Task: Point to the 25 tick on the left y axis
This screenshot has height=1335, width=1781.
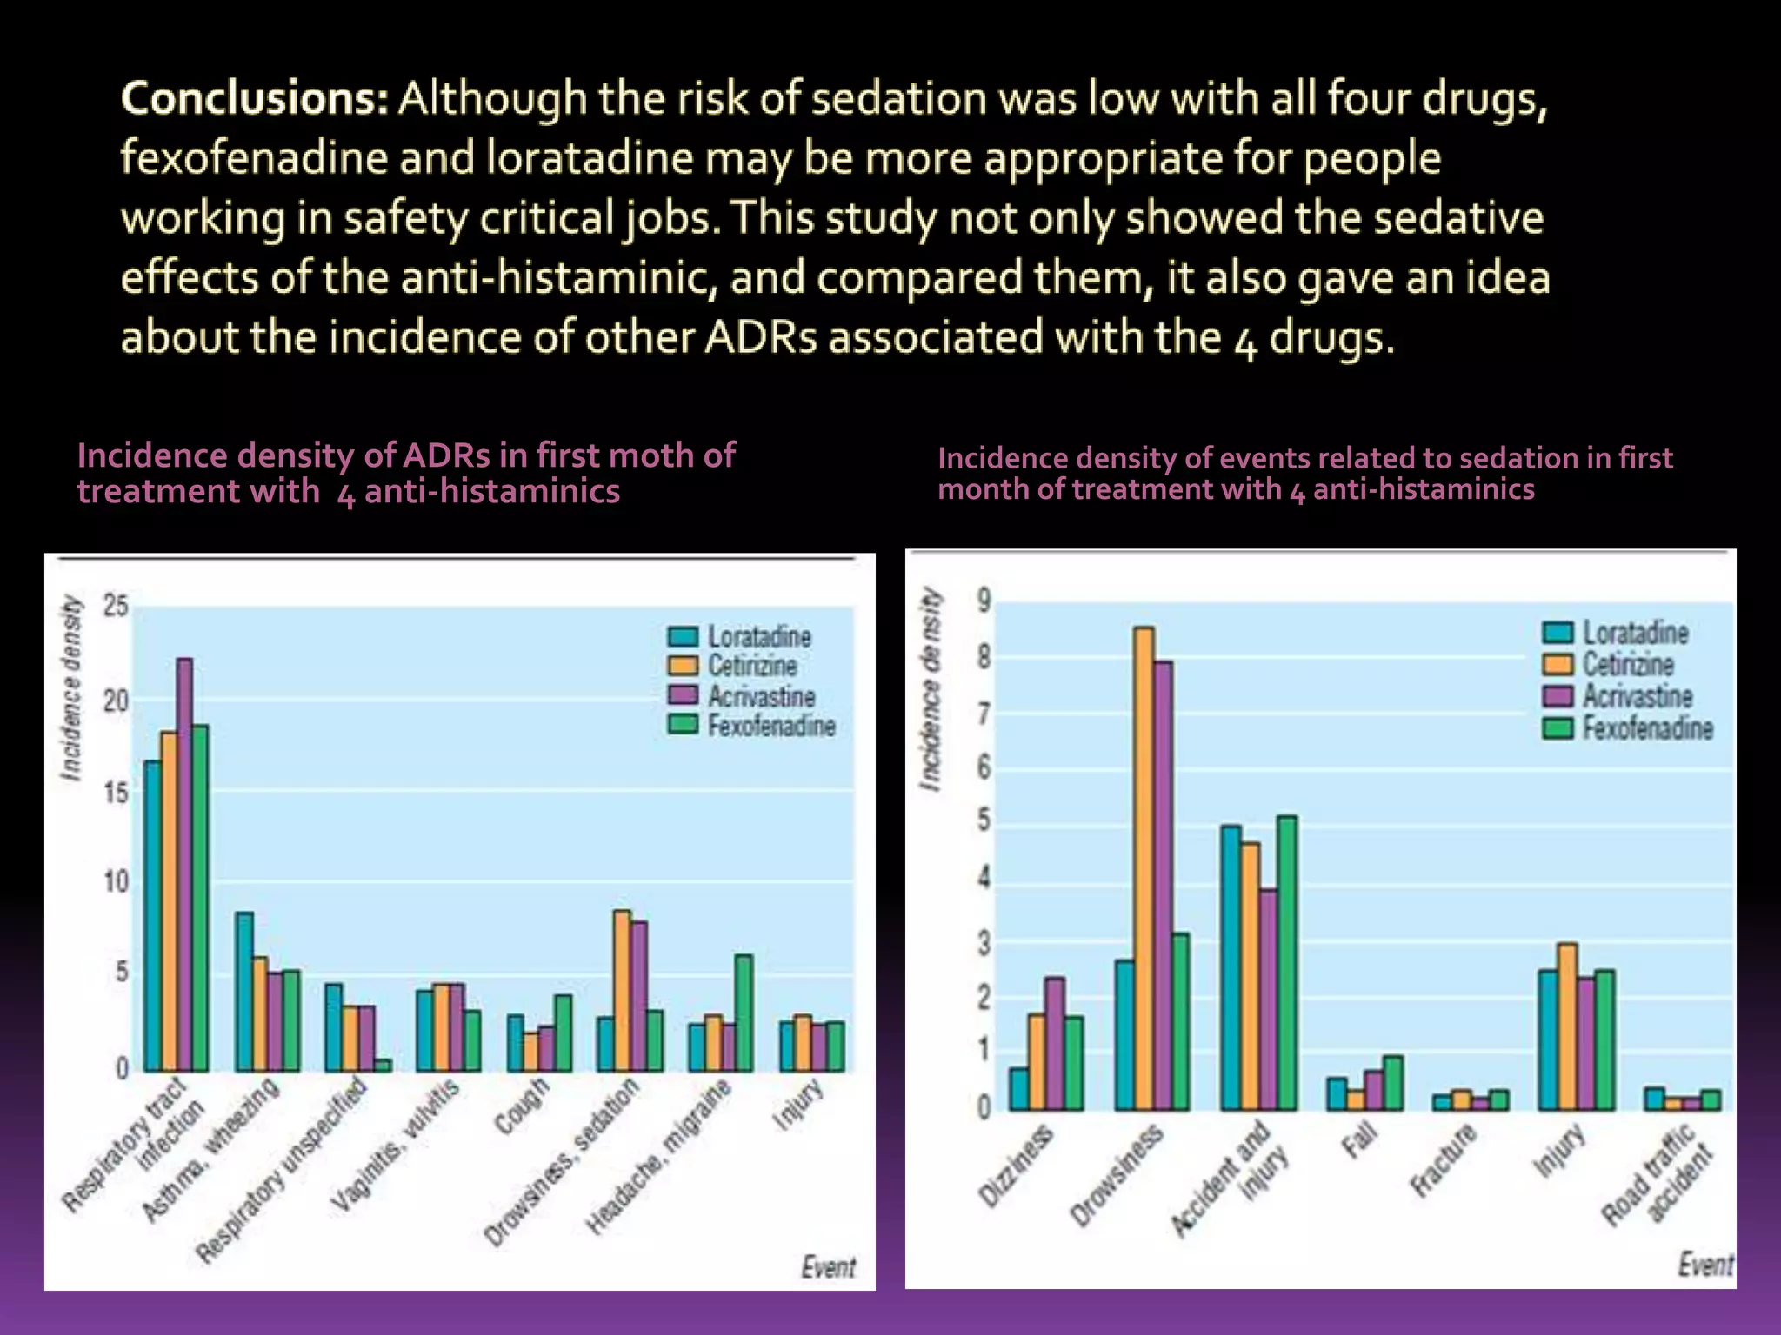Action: click(x=116, y=606)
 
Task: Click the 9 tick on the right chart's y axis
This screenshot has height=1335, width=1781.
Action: click(x=984, y=600)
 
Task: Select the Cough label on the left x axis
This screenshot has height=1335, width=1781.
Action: click(x=522, y=1105)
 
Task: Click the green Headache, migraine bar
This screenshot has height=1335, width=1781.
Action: click(x=744, y=1013)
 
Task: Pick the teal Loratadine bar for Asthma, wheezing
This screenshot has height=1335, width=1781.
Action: click(x=244, y=991)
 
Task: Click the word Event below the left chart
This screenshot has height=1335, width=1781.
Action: click(x=828, y=1267)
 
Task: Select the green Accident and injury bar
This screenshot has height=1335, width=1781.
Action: click(x=1286, y=962)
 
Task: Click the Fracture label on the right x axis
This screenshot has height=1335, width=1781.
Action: click(x=1444, y=1159)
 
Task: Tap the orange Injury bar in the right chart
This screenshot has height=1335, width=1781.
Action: click(x=1567, y=1026)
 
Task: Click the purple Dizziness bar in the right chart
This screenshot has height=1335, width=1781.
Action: click(x=1054, y=1043)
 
